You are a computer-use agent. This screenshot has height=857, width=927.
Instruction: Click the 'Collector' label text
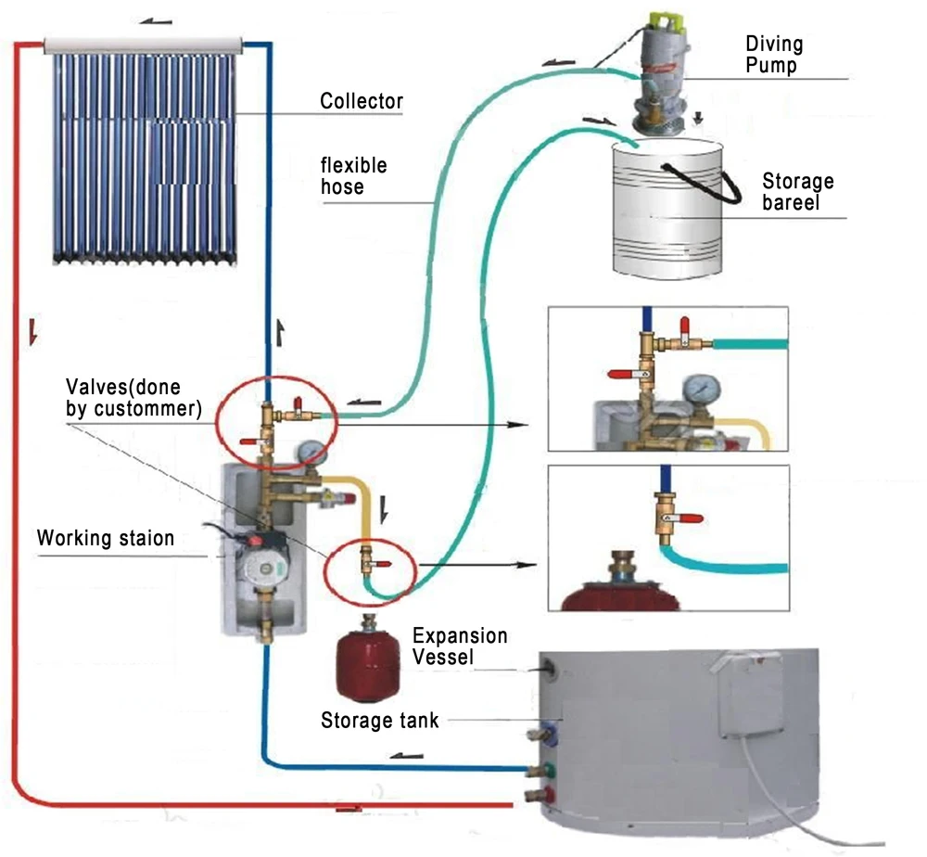tap(362, 100)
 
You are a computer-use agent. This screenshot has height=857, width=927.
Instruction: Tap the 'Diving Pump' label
tap(774, 55)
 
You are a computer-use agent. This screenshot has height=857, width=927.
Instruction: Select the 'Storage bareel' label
tap(797, 191)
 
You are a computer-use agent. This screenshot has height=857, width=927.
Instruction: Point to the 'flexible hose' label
tap(353, 176)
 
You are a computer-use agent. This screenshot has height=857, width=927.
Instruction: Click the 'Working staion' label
tap(105, 539)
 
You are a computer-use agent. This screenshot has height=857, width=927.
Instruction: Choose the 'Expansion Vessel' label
tap(460, 646)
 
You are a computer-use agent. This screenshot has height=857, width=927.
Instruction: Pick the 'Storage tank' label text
tap(379, 720)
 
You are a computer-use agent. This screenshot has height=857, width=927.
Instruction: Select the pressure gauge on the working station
tap(314, 452)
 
